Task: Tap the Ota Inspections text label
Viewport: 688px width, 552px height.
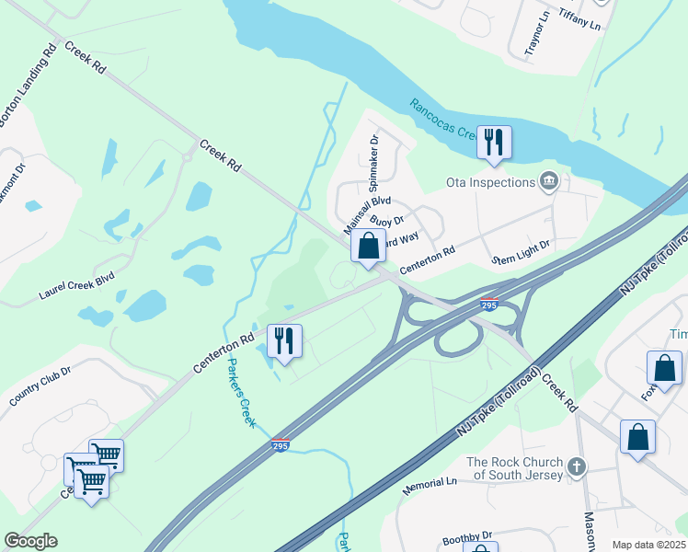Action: coord(490,182)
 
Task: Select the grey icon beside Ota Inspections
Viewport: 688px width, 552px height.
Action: coord(550,180)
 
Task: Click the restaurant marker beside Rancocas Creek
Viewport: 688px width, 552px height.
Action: coord(494,143)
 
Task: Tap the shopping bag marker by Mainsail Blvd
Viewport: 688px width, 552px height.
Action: coord(368,246)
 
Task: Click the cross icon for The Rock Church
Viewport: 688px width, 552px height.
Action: coord(577,467)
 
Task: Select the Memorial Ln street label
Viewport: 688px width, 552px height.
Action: coord(430,482)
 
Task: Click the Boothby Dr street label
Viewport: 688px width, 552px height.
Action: coord(467,535)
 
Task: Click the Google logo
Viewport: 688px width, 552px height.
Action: coord(30,541)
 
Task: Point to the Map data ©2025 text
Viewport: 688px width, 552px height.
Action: coord(649,545)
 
